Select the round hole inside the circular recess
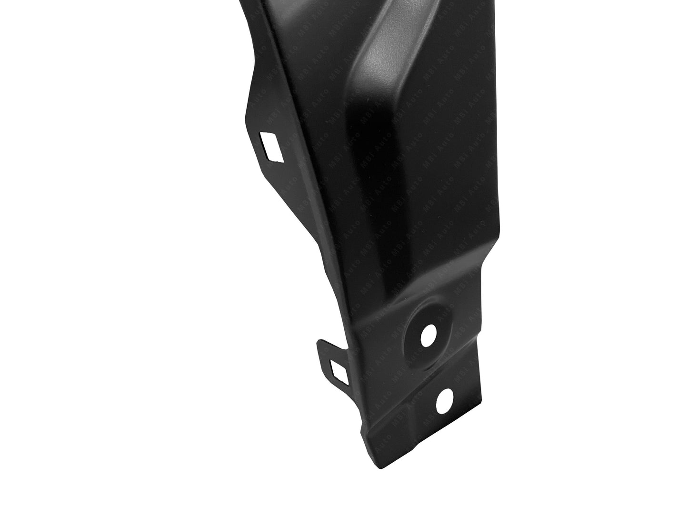pyautogui.click(x=428, y=336)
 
